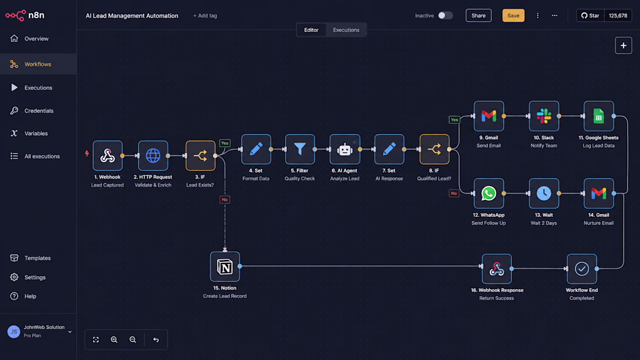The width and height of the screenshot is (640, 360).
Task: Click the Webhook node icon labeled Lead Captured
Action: [x=108, y=155]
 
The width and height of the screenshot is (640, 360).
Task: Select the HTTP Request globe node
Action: [x=153, y=155]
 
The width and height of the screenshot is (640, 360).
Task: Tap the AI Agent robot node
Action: [x=345, y=149]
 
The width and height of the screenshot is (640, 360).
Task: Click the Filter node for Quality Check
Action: [x=300, y=149]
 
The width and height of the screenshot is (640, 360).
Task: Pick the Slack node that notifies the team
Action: [x=544, y=116]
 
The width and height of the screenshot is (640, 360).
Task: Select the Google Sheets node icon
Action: [x=599, y=116]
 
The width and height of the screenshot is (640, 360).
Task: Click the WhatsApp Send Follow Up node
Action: [x=489, y=194]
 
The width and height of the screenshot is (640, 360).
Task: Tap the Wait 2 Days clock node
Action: [x=544, y=194]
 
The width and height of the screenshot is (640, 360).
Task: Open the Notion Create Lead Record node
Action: [x=225, y=266]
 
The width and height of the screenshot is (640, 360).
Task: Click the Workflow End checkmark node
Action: [x=582, y=269]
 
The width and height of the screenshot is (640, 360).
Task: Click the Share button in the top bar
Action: [x=478, y=16]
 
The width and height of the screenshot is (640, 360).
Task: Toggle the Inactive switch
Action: [x=445, y=16]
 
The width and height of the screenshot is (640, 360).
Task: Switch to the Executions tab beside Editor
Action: [x=346, y=30]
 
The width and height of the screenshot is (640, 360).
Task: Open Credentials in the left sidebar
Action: [x=39, y=111]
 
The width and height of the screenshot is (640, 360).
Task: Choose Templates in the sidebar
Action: [x=38, y=258]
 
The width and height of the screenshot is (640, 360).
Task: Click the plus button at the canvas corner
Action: [x=623, y=46]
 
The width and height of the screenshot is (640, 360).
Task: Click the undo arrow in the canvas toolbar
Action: [x=156, y=340]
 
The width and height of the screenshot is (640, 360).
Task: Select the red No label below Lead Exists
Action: [x=225, y=199]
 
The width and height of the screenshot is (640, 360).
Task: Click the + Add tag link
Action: [x=205, y=16]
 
